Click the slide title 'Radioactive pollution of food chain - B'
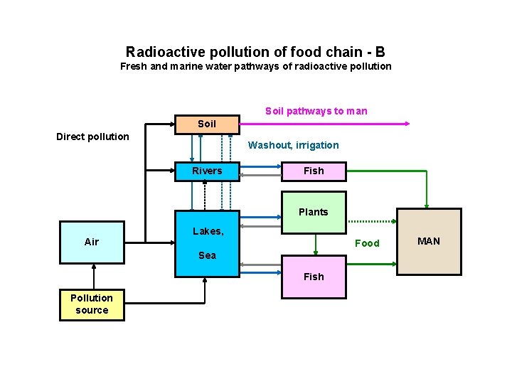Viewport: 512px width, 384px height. pyautogui.click(x=255, y=52)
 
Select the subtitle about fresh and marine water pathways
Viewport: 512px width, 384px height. pyautogui.click(x=255, y=66)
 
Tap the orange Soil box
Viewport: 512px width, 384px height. pyautogui.click(x=206, y=124)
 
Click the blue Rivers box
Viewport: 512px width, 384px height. pyautogui.click(x=207, y=171)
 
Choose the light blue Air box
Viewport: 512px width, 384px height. pyautogui.click(x=92, y=242)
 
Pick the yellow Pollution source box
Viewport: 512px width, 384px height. pyautogui.click(x=92, y=304)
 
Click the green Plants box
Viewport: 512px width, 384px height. pyautogui.click(x=314, y=212)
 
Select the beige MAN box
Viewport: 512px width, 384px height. pyautogui.click(x=428, y=242)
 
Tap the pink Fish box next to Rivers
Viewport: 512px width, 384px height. pyautogui.click(x=314, y=171)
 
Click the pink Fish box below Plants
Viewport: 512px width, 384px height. pyautogui.click(x=314, y=277)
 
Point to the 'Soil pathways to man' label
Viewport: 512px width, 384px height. pyautogui.click(x=316, y=111)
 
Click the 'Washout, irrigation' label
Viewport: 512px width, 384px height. pyautogui.click(x=293, y=145)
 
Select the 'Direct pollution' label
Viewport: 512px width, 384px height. pyautogui.click(x=92, y=137)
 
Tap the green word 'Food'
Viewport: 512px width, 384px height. pyautogui.click(x=367, y=243)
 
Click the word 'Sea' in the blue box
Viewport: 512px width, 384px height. pyautogui.click(x=207, y=255)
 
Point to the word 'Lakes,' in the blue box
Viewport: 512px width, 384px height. pyautogui.click(x=208, y=231)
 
